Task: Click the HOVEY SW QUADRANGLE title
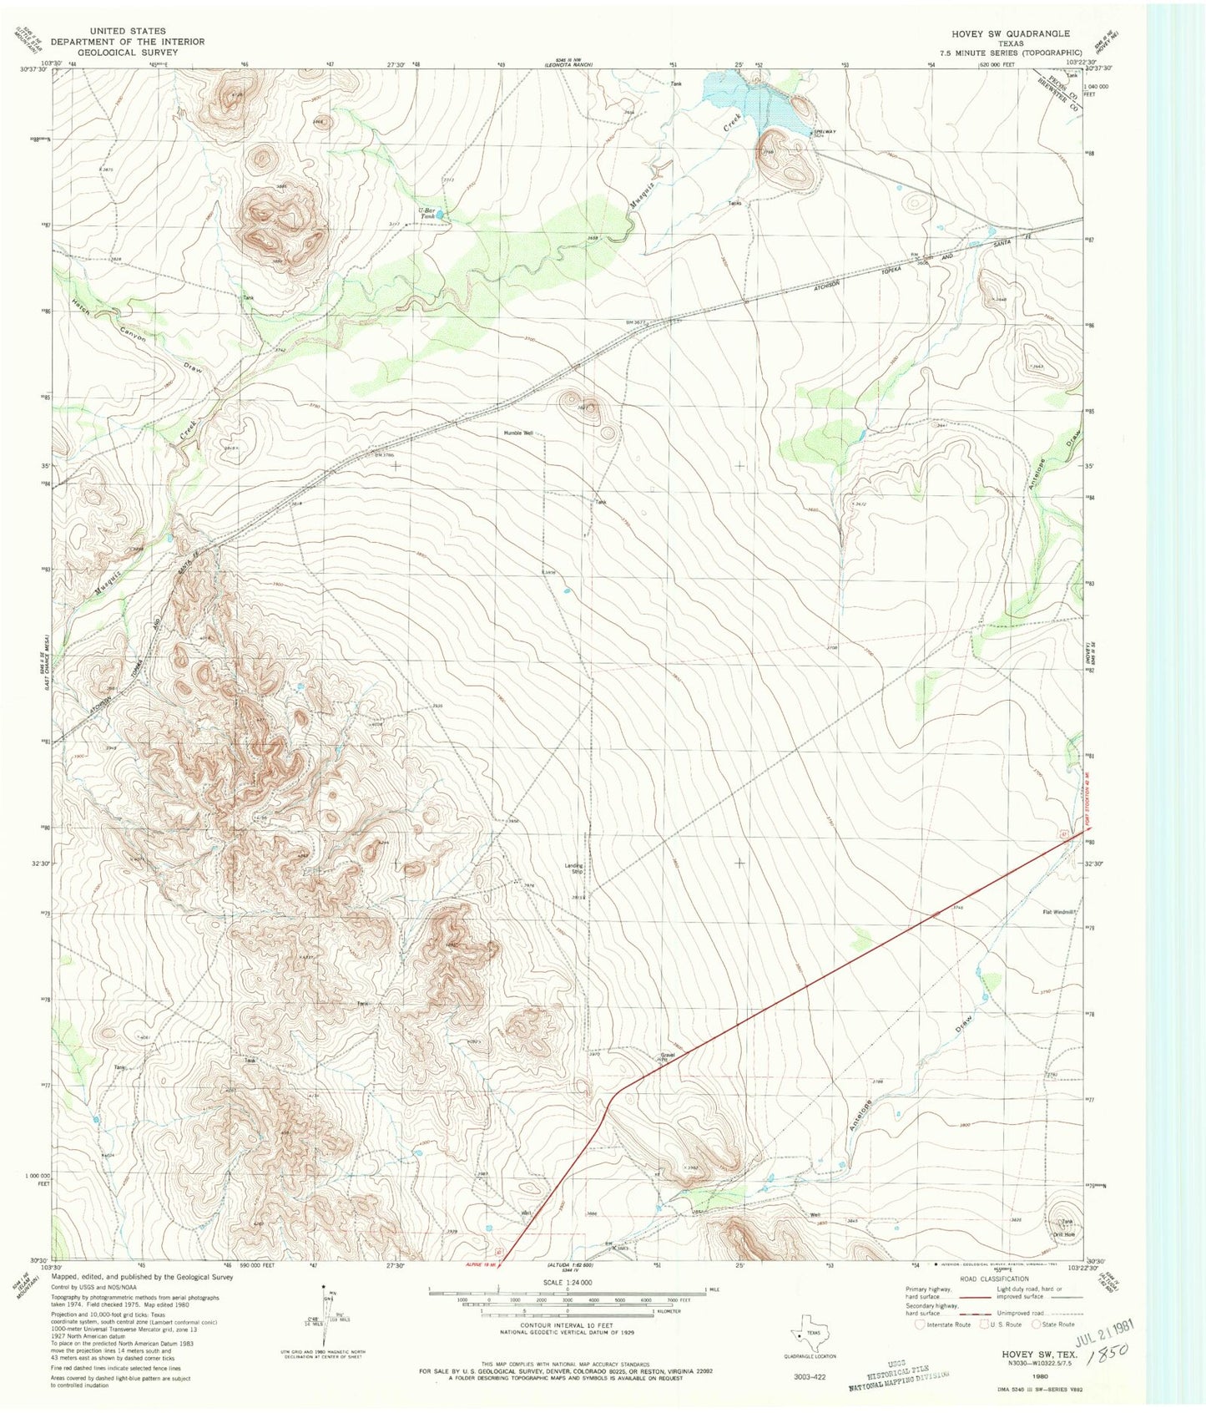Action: pos(1011,33)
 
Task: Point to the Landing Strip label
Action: pos(573,869)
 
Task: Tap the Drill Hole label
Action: pos(1063,1234)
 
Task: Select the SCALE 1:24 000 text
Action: pos(568,1282)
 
